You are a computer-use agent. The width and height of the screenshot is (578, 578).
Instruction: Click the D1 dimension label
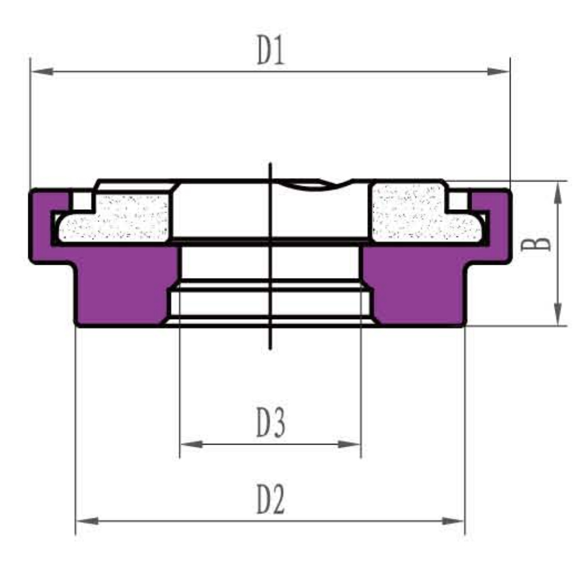click(271, 50)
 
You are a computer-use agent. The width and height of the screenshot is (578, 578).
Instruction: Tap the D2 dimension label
click(271, 499)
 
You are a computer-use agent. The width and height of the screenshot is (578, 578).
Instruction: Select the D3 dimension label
click(271, 423)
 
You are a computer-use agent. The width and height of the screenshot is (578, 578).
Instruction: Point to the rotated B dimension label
click(536, 244)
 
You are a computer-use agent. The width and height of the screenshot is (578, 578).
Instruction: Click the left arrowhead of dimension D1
click(42, 71)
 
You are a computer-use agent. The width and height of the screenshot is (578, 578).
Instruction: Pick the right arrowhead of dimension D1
click(498, 71)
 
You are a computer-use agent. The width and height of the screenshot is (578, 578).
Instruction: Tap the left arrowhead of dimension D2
click(87, 521)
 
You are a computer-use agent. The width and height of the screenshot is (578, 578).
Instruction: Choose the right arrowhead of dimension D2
click(453, 521)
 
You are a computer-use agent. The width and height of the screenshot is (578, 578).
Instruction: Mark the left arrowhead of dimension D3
click(192, 444)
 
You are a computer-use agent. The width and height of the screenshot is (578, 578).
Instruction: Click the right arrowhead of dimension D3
click(349, 444)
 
